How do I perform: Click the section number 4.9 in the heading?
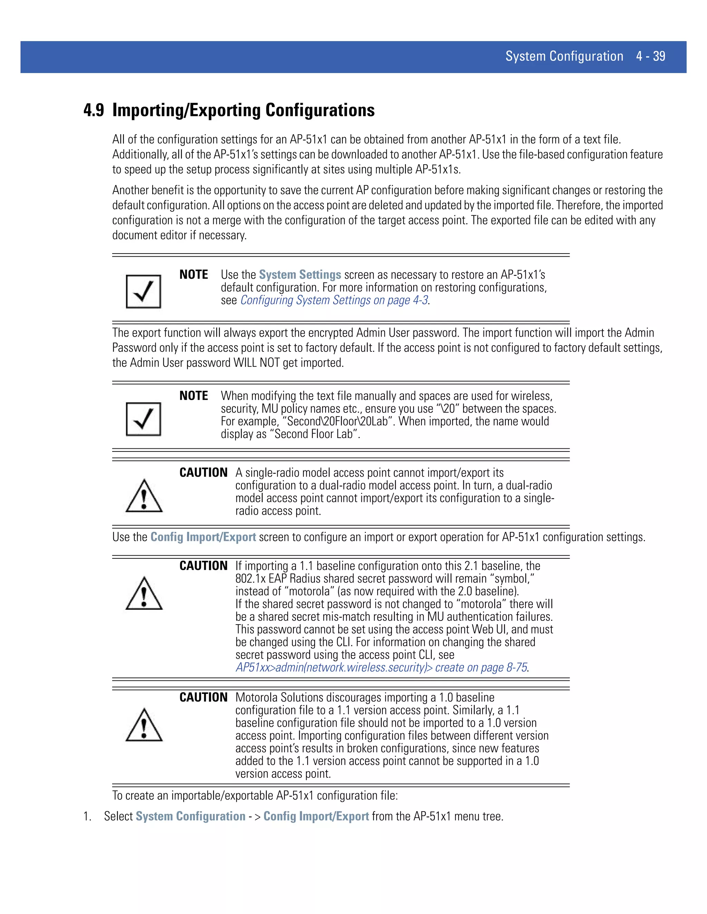coord(94,110)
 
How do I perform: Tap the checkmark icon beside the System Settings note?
coord(144,291)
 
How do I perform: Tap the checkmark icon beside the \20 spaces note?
coord(144,419)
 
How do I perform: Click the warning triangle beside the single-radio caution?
coord(144,496)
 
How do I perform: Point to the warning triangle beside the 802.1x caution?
coord(144,594)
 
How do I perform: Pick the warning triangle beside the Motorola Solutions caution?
coord(144,725)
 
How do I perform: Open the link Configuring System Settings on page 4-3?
coord(334,300)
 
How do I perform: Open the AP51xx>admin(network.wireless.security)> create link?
coord(381,667)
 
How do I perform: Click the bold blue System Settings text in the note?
coord(300,275)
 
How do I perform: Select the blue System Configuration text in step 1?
coord(191,816)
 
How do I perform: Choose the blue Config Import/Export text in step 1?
coord(316,816)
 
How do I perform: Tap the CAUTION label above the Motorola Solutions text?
coord(203,697)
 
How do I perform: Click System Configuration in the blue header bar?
coord(564,56)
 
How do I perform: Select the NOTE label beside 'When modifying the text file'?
coord(194,396)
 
